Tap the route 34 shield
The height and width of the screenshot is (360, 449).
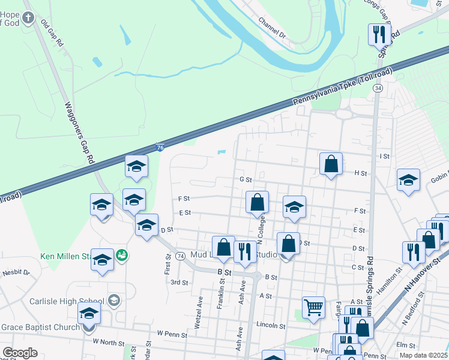pyautogui.click(x=377, y=88)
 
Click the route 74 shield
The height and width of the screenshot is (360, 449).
pyautogui.click(x=181, y=256)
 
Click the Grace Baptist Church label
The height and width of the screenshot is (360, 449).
pyautogui.click(x=40, y=327)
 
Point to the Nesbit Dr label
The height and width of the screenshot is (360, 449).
pyautogui.click(x=18, y=272)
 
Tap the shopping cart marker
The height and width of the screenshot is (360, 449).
pyautogui.click(x=314, y=308)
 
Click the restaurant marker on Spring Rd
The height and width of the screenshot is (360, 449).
pyautogui.click(x=379, y=34)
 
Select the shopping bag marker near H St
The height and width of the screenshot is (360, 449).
pyautogui.click(x=331, y=164)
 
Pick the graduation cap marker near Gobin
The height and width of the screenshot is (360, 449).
pyautogui.click(x=408, y=180)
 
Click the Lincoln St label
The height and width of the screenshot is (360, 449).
pyautogui.click(x=271, y=326)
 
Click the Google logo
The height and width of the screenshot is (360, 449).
pyautogui.click(x=20, y=353)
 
